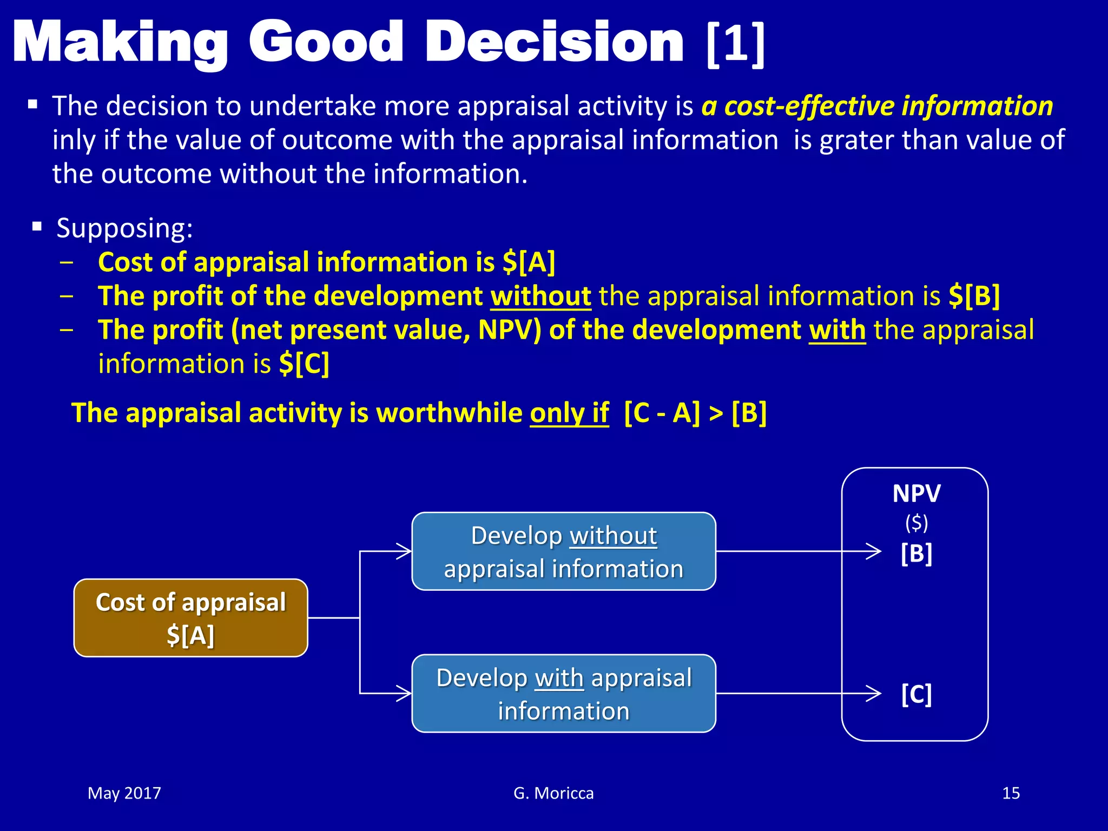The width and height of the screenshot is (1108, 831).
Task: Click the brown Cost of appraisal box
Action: point(190,618)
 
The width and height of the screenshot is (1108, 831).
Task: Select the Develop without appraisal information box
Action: point(563,551)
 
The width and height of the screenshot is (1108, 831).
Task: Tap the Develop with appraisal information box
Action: point(563,694)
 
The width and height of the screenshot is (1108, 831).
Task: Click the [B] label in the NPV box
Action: point(916,553)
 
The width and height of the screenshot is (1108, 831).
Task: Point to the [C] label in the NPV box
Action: point(916,694)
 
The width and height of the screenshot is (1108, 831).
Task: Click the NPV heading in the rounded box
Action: point(916,493)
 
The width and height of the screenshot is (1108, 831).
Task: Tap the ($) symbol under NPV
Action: point(916,523)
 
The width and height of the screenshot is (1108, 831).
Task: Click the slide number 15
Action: point(1011,793)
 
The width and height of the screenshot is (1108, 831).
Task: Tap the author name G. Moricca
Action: point(553,793)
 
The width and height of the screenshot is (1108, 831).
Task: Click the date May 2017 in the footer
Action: point(124,793)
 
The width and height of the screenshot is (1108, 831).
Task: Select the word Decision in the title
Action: point(555,43)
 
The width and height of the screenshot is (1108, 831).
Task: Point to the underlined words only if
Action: point(569,413)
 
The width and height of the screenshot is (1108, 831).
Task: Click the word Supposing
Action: point(124,228)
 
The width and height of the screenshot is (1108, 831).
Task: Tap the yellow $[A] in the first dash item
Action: point(529,262)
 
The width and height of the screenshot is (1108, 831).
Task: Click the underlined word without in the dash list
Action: point(540,296)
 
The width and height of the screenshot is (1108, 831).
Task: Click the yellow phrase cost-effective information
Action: point(888,106)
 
